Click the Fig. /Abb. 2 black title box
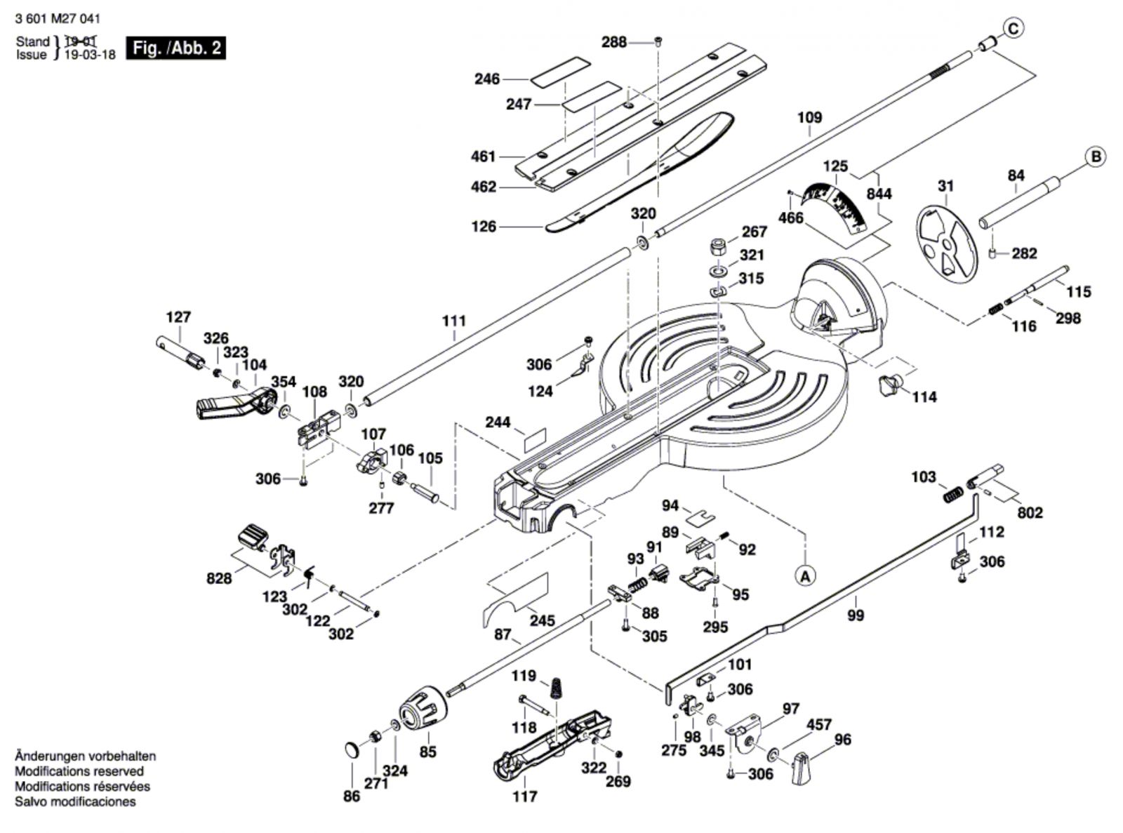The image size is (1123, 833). tap(176, 48)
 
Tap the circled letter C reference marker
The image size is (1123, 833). tap(1013, 29)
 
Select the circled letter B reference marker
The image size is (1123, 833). tap(1096, 156)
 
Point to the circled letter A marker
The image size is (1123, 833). tap(806, 575)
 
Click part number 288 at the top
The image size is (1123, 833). tap(614, 42)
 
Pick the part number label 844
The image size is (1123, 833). tap(879, 194)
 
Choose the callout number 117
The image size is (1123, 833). tap(525, 796)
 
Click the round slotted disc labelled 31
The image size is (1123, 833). tap(948, 245)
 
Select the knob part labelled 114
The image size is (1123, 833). tap(889, 384)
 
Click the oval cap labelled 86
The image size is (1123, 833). tap(352, 749)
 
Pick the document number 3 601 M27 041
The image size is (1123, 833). tap(58, 20)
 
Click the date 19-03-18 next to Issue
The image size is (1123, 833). tap(90, 55)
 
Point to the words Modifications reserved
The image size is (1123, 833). tap(79, 771)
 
